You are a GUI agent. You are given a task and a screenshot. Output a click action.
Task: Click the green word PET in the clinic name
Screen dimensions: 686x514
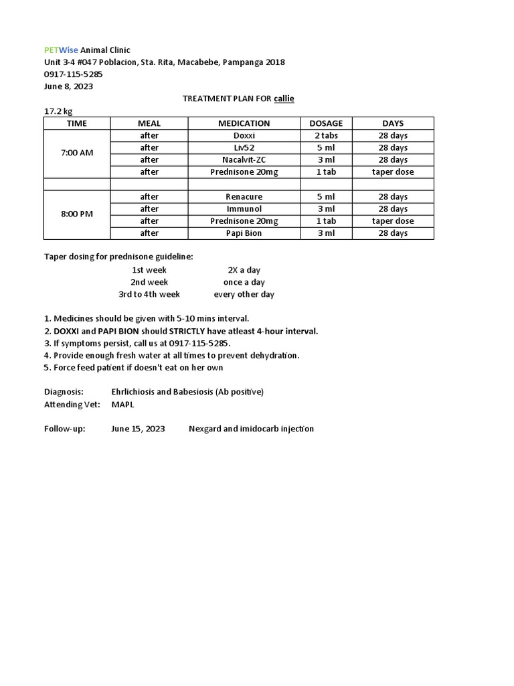(51, 50)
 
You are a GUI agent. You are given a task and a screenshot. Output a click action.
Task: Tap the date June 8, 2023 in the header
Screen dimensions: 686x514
(68, 86)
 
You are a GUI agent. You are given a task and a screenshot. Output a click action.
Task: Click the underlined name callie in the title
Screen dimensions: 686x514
(284, 98)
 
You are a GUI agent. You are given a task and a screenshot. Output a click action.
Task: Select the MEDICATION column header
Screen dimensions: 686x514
(244, 123)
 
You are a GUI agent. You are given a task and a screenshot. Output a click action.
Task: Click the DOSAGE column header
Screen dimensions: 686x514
(326, 123)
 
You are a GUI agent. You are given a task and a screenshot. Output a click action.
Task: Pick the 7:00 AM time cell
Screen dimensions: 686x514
(77, 153)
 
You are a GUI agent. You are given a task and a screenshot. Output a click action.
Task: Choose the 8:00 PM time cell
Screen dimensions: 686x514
(77, 214)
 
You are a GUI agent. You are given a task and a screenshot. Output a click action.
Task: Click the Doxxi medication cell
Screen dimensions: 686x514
(244, 135)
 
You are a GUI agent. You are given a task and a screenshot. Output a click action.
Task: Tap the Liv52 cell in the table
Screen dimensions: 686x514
(244, 147)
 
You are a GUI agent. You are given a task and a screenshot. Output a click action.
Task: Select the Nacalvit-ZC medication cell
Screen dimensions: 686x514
(244, 159)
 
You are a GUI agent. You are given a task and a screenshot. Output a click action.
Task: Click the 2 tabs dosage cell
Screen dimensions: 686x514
(326, 135)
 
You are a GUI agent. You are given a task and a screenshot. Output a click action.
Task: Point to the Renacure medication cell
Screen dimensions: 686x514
(244, 197)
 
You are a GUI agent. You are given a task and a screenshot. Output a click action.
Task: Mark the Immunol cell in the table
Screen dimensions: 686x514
(244, 209)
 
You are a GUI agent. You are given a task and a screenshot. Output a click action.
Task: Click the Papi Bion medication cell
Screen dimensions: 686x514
(244, 233)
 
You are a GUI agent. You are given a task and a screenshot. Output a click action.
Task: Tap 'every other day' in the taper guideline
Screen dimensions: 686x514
(244, 294)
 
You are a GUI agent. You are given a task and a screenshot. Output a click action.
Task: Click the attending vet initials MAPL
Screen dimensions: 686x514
(122, 404)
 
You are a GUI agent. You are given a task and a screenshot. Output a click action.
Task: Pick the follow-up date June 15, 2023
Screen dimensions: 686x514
(138, 429)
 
